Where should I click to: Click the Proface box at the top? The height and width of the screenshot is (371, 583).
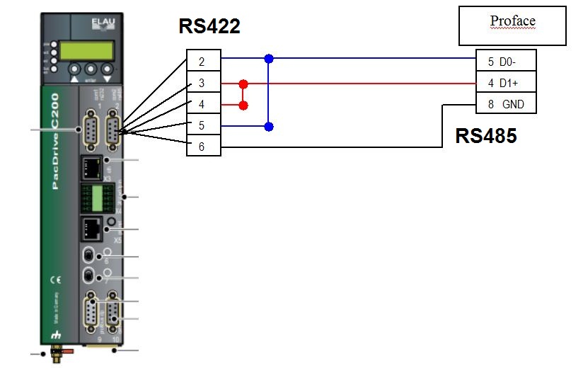coord(513,25)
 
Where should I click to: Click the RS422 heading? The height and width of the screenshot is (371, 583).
coord(209,27)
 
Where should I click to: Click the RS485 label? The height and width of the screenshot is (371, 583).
coord(485,136)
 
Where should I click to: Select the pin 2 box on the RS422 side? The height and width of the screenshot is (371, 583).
coord(204,61)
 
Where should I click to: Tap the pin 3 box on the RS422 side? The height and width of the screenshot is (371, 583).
coord(204,84)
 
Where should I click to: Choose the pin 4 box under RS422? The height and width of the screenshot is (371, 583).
coord(204,105)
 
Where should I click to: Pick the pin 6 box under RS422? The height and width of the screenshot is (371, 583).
coord(204,147)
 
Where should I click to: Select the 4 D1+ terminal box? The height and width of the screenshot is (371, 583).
coord(506,84)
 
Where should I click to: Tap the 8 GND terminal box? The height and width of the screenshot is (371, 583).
coord(506,105)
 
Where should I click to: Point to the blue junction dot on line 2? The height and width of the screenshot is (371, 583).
coord(268,57)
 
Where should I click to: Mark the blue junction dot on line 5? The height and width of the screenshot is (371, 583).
coord(268,127)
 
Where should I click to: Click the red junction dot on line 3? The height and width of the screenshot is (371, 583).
coord(244,84)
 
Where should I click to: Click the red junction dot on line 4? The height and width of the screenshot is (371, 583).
coord(244,105)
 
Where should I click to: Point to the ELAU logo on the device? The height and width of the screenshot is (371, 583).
coord(101,25)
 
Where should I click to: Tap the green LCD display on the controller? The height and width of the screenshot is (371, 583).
coord(86,50)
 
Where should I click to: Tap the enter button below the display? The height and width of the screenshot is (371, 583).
coord(89,71)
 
